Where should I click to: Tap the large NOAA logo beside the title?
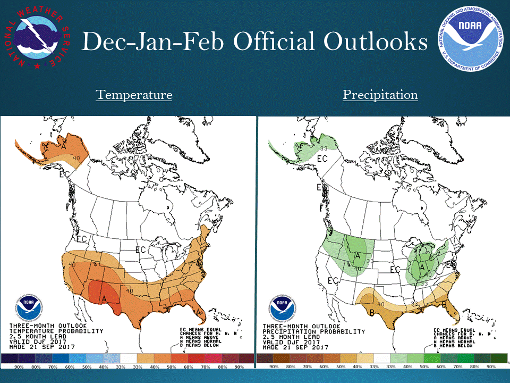point(470,38)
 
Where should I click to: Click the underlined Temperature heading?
point(134,95)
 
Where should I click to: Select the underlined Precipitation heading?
point(380,95)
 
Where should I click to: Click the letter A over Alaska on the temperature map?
point(64,145)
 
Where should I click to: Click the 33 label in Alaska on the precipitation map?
point(322,148)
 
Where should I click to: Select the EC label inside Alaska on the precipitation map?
point(322,159)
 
